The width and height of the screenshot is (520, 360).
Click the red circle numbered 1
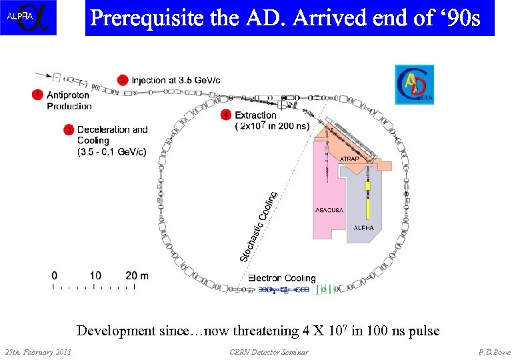38,95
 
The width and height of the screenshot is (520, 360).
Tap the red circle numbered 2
123,80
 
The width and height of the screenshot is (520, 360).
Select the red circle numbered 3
68,129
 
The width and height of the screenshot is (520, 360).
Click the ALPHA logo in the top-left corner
29,18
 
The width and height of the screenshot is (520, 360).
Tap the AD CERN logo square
414,85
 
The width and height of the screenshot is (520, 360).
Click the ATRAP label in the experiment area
350,159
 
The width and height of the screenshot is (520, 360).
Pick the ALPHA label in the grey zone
364,227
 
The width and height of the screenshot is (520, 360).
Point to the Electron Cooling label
282,278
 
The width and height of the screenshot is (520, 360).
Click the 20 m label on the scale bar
136,275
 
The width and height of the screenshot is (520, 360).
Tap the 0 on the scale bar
55,275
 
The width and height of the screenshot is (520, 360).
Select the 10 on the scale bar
95,275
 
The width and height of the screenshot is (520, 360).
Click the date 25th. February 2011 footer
38,351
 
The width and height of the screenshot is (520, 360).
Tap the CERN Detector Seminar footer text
268,351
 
